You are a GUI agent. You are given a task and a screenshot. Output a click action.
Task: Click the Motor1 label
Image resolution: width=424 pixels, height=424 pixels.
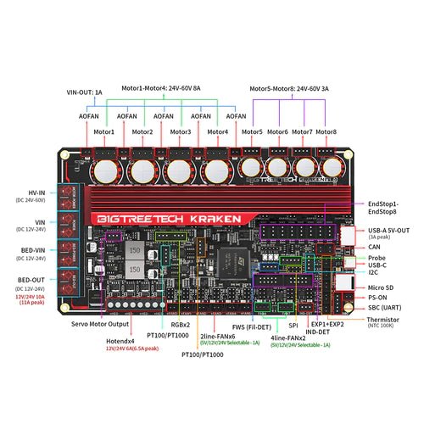click(103, 132)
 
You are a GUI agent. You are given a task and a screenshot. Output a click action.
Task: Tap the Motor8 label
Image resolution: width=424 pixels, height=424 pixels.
click(326, 132)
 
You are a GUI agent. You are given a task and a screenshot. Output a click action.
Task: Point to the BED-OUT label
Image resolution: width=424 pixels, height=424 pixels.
click(33, 279)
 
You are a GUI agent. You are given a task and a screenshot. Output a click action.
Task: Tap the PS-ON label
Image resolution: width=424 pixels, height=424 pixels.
click(380, 298)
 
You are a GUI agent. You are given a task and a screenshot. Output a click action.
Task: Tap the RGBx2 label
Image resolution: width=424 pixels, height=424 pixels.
click(155, 324)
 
